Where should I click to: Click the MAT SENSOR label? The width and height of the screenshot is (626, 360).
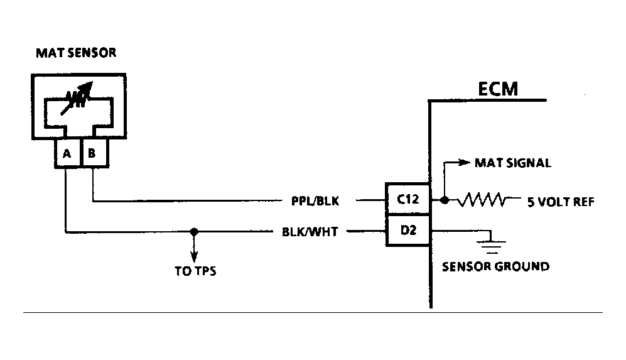pos(75,53)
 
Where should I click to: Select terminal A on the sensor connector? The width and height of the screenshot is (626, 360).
pos(67,153)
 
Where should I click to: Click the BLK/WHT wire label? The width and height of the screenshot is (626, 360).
pos(310,232)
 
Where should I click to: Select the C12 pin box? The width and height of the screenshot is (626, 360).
pos(407,200)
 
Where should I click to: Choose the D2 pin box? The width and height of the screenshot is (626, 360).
pos(407,231)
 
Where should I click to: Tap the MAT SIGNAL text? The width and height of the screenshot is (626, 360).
pos(514,163)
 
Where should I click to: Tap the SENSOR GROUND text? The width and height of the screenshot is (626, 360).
pos(495,266)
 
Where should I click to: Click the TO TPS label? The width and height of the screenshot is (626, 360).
pos(195,273)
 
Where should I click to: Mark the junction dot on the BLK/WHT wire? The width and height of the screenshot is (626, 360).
pos(195,232)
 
